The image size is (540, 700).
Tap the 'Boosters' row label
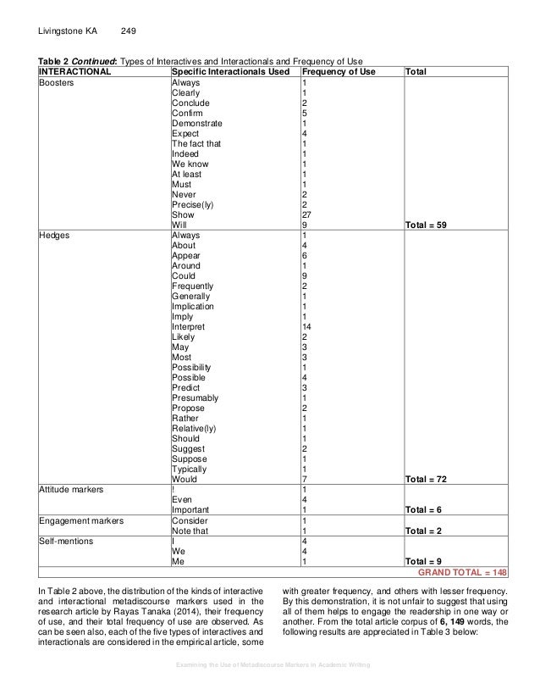[x=57, y=83]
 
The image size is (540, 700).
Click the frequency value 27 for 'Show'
[x=307, y=215]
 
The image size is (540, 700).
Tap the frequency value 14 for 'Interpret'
[x=307, y=327]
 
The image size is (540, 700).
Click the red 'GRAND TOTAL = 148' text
[x=461, y=571]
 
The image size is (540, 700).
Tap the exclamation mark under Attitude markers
[x=174, y=490]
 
